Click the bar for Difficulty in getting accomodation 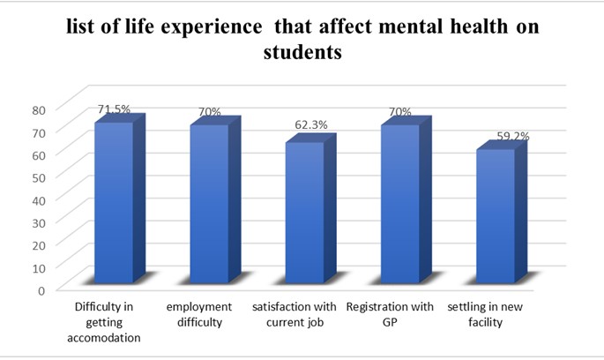point(113,202)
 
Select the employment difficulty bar point(208,204)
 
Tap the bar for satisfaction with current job point(303,213)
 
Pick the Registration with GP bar point(399,204)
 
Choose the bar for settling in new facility point(495,216)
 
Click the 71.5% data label point(114,109)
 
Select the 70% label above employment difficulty point(209,113)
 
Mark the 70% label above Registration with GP point(399,113)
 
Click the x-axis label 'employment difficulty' point(198,314)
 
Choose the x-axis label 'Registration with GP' point(390,314)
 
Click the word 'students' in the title point(302,54)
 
